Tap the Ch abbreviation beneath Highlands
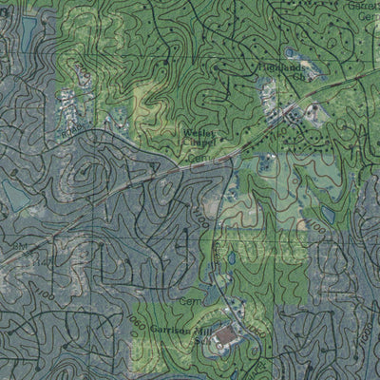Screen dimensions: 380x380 pyautogui.click(x=296, y=78)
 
